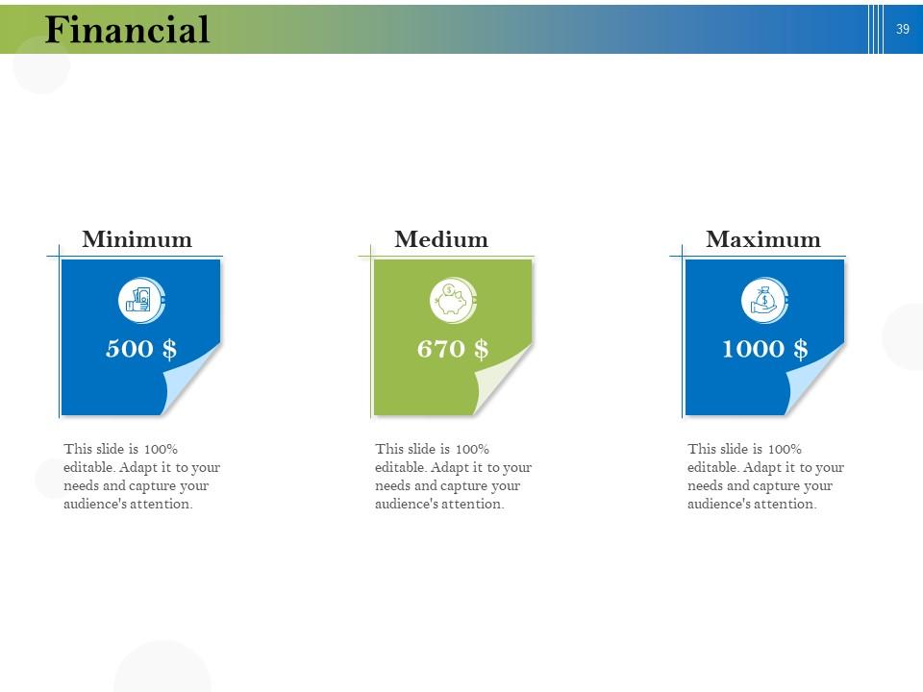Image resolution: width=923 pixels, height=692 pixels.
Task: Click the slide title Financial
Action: [127, 30]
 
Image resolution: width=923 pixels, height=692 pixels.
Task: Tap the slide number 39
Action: [902, 29]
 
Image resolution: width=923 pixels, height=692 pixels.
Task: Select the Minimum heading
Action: [137, 239]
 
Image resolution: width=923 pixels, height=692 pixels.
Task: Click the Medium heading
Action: [441, 239]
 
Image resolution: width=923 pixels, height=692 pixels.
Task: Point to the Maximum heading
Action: [763, 239]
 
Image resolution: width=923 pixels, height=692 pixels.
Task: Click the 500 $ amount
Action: [141, 348]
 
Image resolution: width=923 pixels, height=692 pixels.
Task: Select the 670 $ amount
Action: [453, 348]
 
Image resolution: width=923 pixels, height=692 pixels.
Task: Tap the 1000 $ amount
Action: [764, 348]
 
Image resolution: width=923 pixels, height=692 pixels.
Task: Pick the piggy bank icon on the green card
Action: [452, 301]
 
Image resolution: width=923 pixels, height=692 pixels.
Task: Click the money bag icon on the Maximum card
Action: [763, 301]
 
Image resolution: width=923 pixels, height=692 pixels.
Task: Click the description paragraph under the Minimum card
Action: [142, 477]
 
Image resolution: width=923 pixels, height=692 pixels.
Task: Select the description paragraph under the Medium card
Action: [453, 477]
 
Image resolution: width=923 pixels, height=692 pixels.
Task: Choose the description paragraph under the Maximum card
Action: [765, 477]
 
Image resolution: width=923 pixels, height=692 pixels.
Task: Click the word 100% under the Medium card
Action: [472, 449]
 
